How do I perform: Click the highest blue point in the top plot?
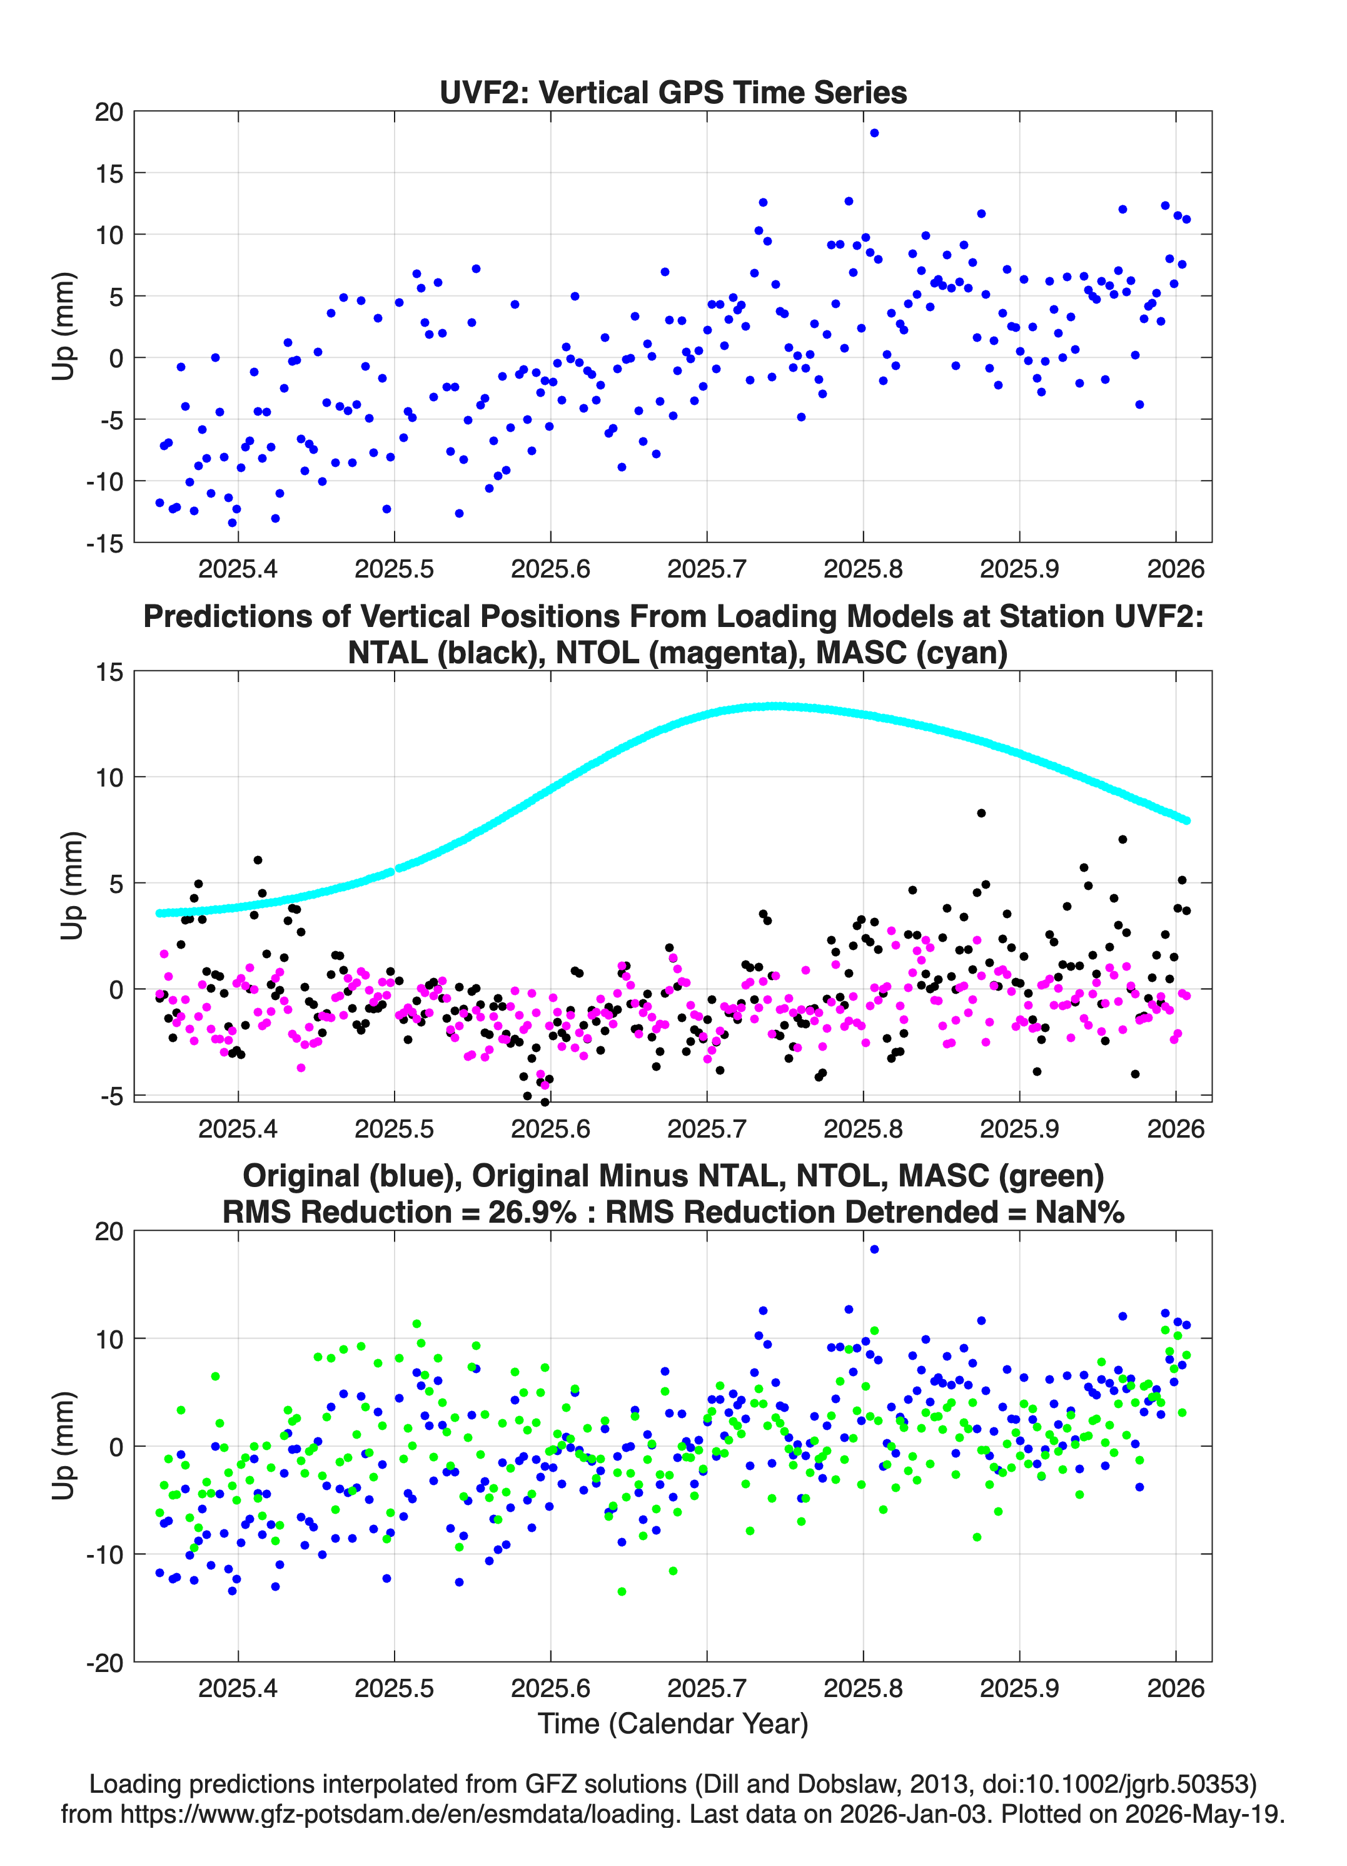(874, 133)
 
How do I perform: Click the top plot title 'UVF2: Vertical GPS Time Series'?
(673, 92)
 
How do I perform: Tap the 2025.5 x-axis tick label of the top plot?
(394, 569)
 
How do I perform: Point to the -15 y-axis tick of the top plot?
(104, 543)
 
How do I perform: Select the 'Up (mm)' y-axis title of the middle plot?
(73, 885)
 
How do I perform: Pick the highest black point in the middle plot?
(981, 813)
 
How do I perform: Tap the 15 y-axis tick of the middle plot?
(109, 672)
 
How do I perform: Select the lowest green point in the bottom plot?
(622, 1591)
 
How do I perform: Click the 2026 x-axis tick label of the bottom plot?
(1175, 1688)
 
